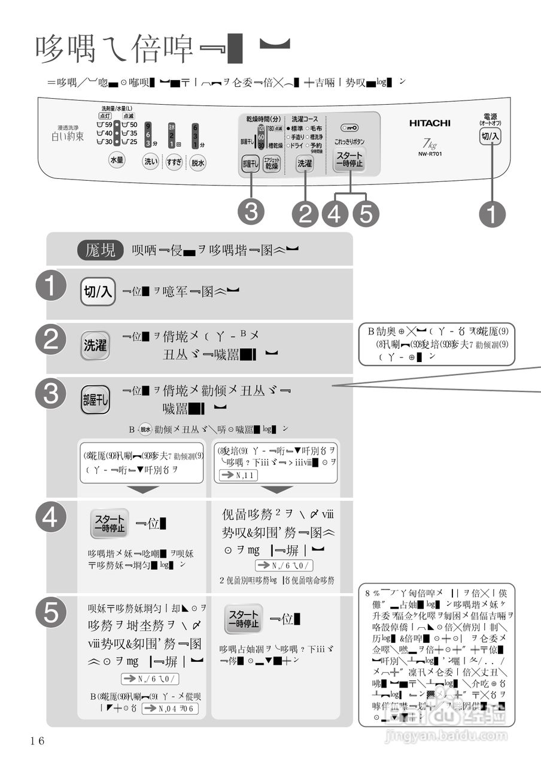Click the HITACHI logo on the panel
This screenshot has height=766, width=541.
click(x=430, y=123)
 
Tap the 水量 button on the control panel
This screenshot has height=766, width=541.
click(x=117, y=160)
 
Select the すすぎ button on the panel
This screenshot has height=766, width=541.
click(x=174, y=162)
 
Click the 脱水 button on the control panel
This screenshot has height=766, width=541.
click(x=198, y=162)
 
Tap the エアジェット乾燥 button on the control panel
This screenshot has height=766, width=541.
click(x=272, y=163)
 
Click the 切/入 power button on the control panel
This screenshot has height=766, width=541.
click(x=490, y=137)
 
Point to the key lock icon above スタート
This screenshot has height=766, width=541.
click(x=349, y=128)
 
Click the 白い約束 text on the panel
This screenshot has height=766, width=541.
click(x=68, y=137)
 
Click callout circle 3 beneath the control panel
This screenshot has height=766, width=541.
click(x=251, y=212)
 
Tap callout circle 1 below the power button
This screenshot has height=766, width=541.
click(x=491, y=214)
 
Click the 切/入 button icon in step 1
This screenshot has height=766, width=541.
click(x=98, y=291)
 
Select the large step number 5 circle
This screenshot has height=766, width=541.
click(x=51, y=613)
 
